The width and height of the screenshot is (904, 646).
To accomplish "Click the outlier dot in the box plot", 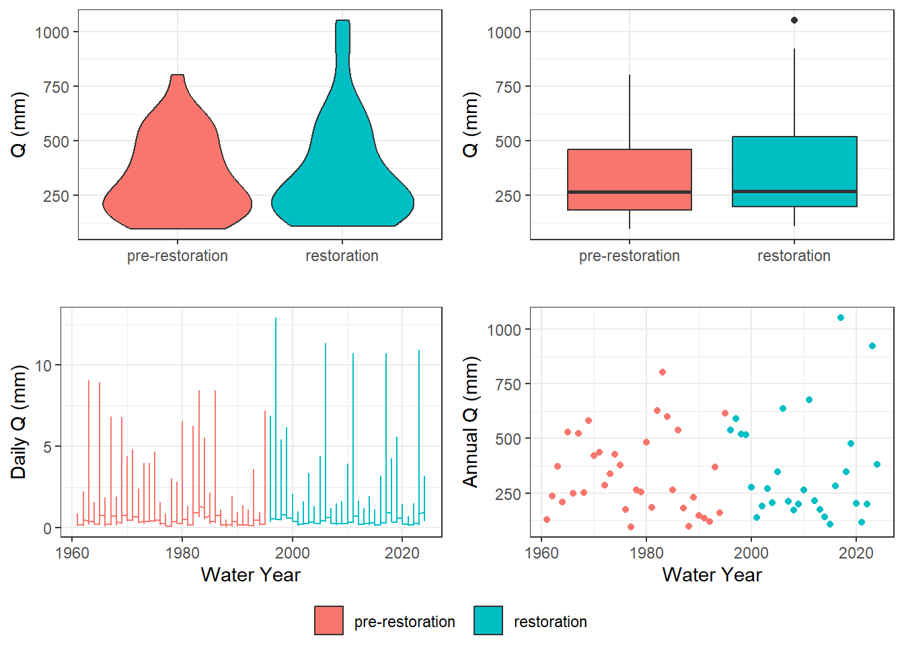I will click(794, 20).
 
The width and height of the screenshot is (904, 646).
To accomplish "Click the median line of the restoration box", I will click(794, 191).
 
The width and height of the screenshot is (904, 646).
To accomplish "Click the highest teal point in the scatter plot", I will click(841, 318).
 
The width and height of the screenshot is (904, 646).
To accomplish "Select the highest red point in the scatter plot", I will click(663, 372).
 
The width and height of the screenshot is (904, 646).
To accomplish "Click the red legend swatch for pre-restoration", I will click(329, 620).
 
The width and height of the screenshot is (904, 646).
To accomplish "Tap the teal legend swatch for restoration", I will click(488, 620).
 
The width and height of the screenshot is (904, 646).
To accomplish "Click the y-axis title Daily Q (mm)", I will click(19, 422).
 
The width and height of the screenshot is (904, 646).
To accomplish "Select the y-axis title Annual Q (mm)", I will click(470, 422).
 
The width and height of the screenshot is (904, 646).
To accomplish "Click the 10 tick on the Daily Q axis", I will click(43, 365).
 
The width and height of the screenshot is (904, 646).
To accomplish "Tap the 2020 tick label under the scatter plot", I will click(856, 553).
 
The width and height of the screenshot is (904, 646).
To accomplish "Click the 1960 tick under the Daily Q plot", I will click(71, 553).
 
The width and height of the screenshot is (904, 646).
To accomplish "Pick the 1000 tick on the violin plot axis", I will click(52, 32).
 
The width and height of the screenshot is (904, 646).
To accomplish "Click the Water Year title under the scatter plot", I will click(712, 575).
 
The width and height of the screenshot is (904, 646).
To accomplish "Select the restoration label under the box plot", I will click(794, 256).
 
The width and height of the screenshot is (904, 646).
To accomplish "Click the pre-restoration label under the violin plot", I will click(178, 256).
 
